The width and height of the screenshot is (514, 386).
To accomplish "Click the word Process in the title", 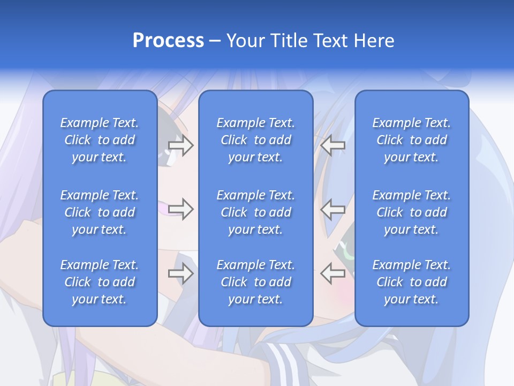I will point(168,41).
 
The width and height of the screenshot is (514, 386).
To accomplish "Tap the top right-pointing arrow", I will point(181,145).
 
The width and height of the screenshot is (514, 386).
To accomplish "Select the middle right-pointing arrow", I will point(181,209).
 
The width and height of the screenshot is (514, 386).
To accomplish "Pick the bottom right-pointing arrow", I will point(181,273).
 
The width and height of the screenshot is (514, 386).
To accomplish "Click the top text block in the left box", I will point(100,140).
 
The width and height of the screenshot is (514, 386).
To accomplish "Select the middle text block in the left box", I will point(100,212).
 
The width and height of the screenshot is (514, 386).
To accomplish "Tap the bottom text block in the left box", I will point(100,282).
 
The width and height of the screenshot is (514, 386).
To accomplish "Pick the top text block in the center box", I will point(256,140).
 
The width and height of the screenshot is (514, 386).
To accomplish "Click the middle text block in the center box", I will point(256,212).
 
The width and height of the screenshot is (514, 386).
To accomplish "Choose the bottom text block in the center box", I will point(256,282).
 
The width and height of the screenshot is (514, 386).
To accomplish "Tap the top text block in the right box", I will point(412,140).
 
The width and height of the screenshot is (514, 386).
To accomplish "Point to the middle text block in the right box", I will point(412,212).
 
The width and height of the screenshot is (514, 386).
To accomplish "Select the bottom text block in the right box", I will point(412,282).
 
